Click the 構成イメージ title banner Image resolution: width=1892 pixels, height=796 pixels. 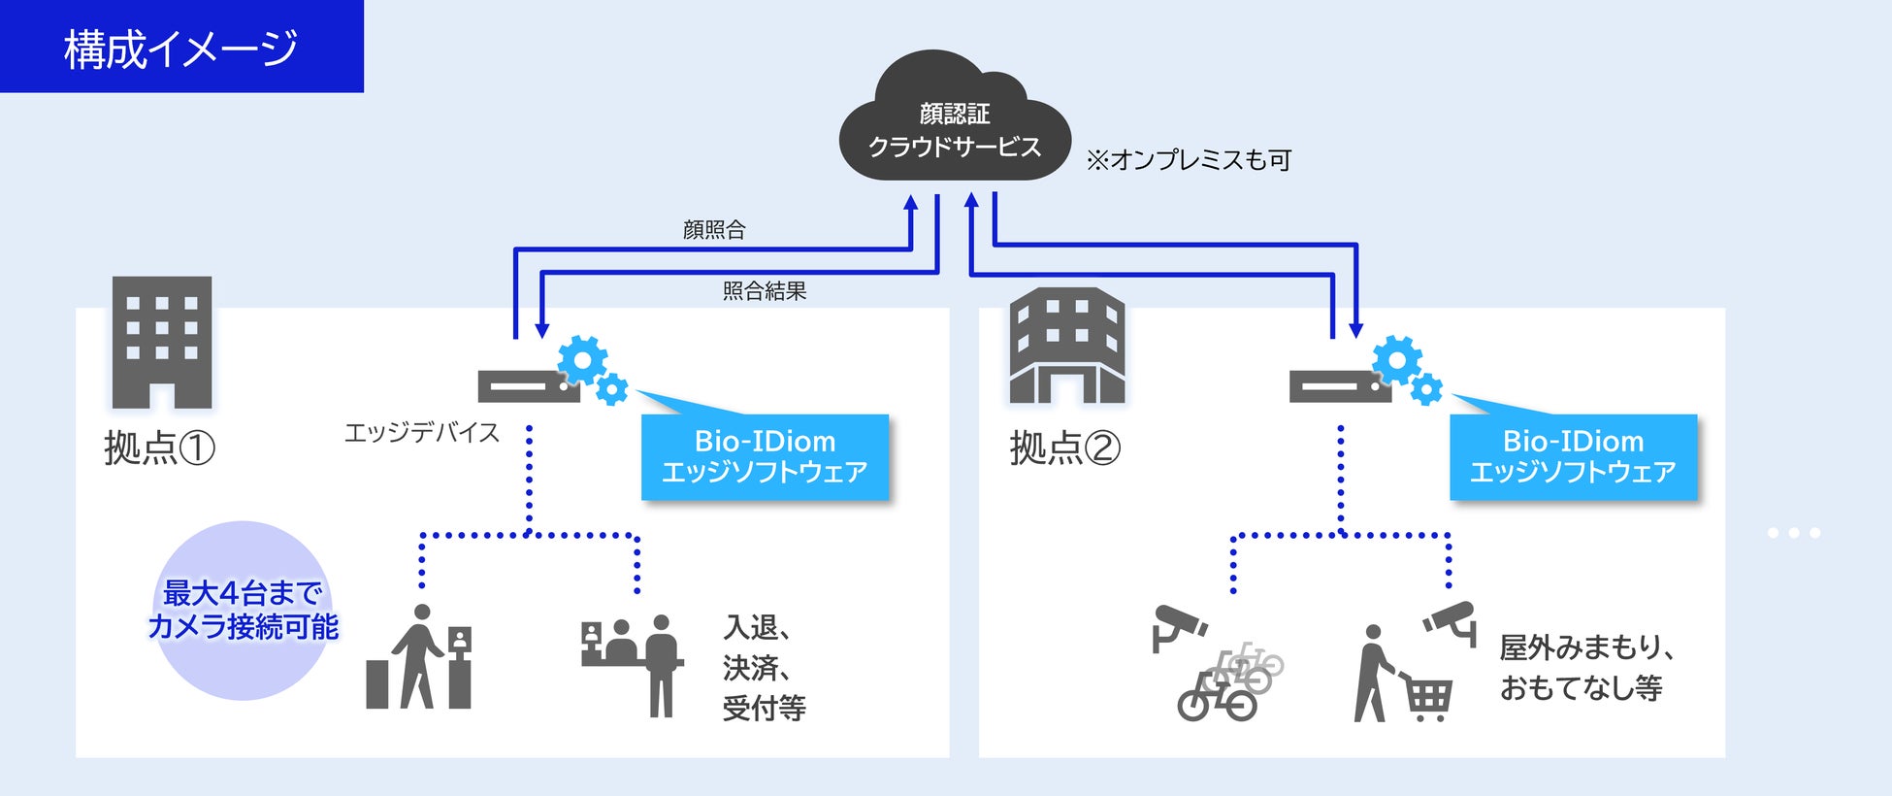tap(181, 47)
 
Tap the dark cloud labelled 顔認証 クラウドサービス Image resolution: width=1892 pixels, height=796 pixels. tap(955, 118)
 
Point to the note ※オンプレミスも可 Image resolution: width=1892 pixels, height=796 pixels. tap(1189, 159)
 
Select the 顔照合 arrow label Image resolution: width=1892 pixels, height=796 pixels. tap(714, 230)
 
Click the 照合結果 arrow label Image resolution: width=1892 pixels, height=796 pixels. tap(765, 290)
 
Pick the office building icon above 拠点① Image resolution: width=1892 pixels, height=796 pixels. tap(162, 342)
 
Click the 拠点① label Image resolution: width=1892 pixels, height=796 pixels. tap(159, 448)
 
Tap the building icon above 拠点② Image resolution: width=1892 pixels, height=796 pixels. tap(1067, 346)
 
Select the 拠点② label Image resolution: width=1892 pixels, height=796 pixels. tap(1065, 448)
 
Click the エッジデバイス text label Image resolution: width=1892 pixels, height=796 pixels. tap(422, 432)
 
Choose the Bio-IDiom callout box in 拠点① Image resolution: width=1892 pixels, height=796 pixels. tap(765, 456)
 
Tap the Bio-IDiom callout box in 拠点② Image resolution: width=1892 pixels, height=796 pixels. tap(1573, 456)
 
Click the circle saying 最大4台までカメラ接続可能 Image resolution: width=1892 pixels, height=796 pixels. tap(243, 611)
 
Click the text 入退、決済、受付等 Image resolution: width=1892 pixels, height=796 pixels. tap(765, 668)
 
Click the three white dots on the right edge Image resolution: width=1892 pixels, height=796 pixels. tap(1793, 533)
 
